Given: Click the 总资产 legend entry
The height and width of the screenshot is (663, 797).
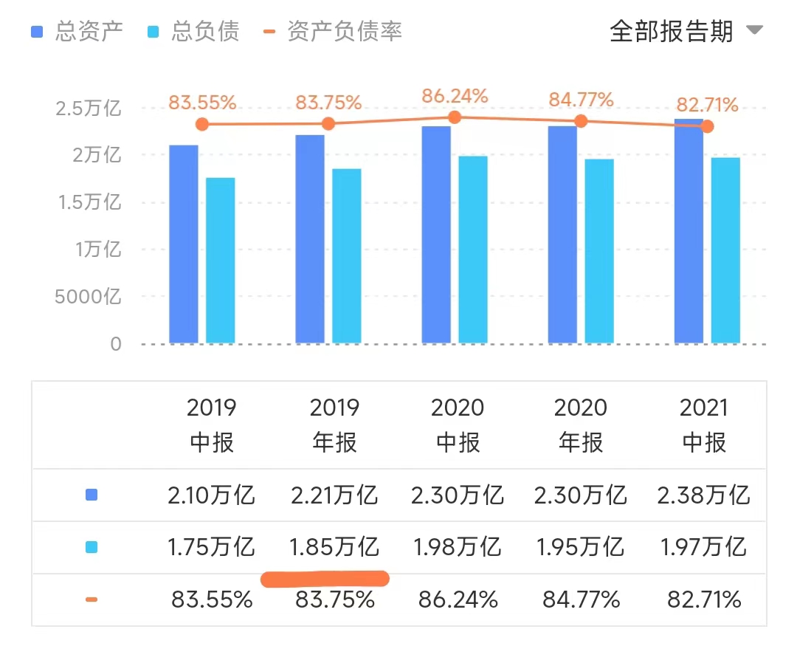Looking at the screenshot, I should click(x=77, y=32).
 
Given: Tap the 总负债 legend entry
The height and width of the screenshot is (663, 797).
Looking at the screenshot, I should click(x=195, y=32).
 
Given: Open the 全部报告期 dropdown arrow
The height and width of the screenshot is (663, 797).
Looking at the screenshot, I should click(x=753, y=31).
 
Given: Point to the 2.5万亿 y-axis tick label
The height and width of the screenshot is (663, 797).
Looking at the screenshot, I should click(x=88, y=109).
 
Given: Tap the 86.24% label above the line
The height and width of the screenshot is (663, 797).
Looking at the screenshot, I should click(x=455, y=96).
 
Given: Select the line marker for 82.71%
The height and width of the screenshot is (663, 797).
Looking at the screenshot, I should click(x=707, y=126).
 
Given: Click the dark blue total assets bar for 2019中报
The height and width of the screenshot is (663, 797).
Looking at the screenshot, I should click(x=184, y=244).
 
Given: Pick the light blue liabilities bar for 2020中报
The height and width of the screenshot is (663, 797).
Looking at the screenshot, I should click(x=473, y=250).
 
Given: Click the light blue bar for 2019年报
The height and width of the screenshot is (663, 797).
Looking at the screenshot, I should click(x=347, y=255).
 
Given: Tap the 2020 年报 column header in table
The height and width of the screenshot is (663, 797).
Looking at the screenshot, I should click(x=581, y=425).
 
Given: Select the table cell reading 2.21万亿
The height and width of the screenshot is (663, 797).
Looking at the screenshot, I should click(x=334, y=495).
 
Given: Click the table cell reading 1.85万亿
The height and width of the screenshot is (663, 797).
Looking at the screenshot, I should click(x=334, y=547).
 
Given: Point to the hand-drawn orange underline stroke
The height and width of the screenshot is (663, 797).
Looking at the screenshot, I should click(x=325, y=579).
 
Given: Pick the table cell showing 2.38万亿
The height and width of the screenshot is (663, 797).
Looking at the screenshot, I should click(x=703, y=495).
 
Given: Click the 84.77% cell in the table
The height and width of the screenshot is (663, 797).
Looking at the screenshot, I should click(x=581, y=600).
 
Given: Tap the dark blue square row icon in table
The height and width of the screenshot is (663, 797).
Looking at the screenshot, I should click(x=92, y=495).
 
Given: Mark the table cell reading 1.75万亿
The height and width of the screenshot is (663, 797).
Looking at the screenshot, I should click(x=211, y=547).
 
